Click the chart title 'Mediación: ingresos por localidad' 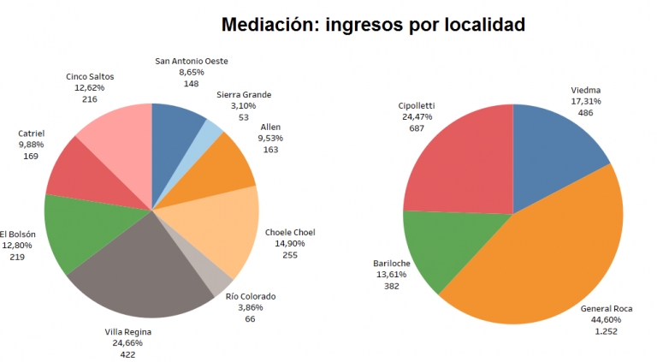pyautogui.click(x=373, y=24)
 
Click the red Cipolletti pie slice pyautogui.click(x=458, y=163)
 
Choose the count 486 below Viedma pyautogui.click(x=586, y=112)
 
